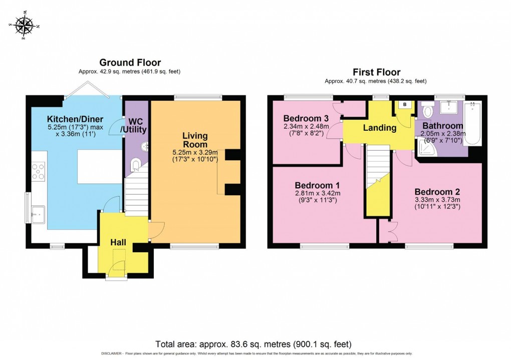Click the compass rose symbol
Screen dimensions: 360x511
click(24, 25)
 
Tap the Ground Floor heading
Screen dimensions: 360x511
click(130, 63)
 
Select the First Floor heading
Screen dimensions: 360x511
click(376, 72)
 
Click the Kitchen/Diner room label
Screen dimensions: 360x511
click(75, 119)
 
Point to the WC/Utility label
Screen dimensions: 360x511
click(136, 126)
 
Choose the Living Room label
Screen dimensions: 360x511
click(195, 140)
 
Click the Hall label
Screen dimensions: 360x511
click(118, 242)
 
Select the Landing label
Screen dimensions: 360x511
click(379, 128)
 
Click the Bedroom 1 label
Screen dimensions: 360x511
click(316, 184)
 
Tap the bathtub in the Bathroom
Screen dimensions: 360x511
click(472, 123)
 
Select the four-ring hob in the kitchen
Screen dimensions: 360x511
click(38, 172)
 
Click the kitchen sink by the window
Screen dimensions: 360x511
click(38, 214)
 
